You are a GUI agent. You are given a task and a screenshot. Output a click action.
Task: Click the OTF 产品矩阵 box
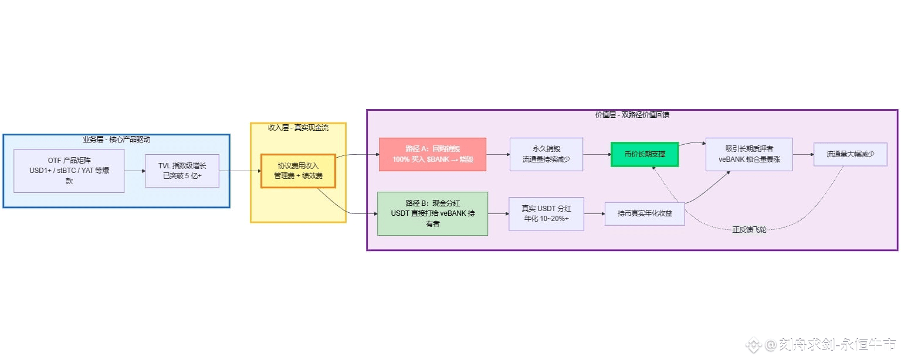[x=69, y=171]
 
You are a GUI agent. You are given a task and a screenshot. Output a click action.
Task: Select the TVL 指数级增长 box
[x=182, y=171]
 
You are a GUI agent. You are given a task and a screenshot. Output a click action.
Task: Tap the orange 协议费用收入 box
[x=298, y=171]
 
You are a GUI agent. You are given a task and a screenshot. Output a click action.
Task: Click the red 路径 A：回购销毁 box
[x=433, y=154]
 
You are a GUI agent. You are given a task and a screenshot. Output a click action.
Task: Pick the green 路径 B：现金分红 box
[x=432, y=213]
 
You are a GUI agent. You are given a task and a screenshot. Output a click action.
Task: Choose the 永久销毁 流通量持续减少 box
[x=546, y=154]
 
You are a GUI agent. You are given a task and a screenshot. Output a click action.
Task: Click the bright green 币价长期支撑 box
[x=645, y=154]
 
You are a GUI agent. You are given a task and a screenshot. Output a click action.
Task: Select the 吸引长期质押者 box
[x=749, y=154]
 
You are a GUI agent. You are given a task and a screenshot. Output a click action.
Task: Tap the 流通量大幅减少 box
[x=850, y=154]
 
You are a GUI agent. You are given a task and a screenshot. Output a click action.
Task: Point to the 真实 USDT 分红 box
[x=546, y=213]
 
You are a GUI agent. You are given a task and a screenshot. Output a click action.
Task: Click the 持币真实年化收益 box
[x=645, y=213]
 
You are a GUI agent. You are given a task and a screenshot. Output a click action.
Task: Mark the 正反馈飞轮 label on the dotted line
[x=749, y=229]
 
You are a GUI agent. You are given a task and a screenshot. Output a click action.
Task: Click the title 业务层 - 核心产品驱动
[x=116, y=140]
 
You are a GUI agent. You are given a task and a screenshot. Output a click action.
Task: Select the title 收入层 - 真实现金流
[x=298, y=127]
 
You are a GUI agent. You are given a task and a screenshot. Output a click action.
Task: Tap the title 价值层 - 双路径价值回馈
[x=632, y=115]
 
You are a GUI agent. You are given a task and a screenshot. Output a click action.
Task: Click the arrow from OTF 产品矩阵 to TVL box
[x=135, y=171]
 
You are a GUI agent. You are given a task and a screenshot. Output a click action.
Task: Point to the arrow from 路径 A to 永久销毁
[x=498, y=154]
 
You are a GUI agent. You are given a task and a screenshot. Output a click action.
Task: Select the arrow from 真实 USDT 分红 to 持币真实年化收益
[x=594, y=213]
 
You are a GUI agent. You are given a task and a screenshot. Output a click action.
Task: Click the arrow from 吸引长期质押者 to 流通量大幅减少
[x=803, y=154]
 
